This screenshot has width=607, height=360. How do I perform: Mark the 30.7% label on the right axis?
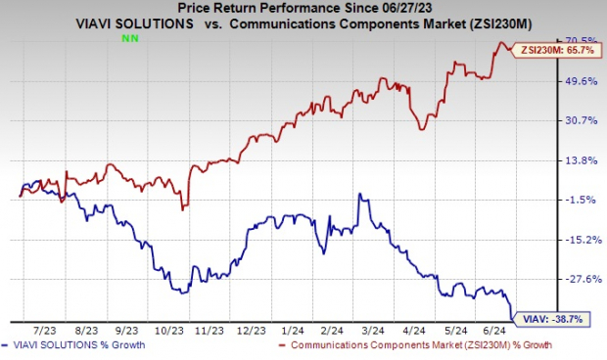point(570,120)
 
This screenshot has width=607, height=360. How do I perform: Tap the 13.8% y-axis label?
point(570,160)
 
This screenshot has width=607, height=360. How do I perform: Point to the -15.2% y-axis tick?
point(570,240)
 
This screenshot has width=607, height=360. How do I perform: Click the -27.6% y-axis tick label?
point(570,280)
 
